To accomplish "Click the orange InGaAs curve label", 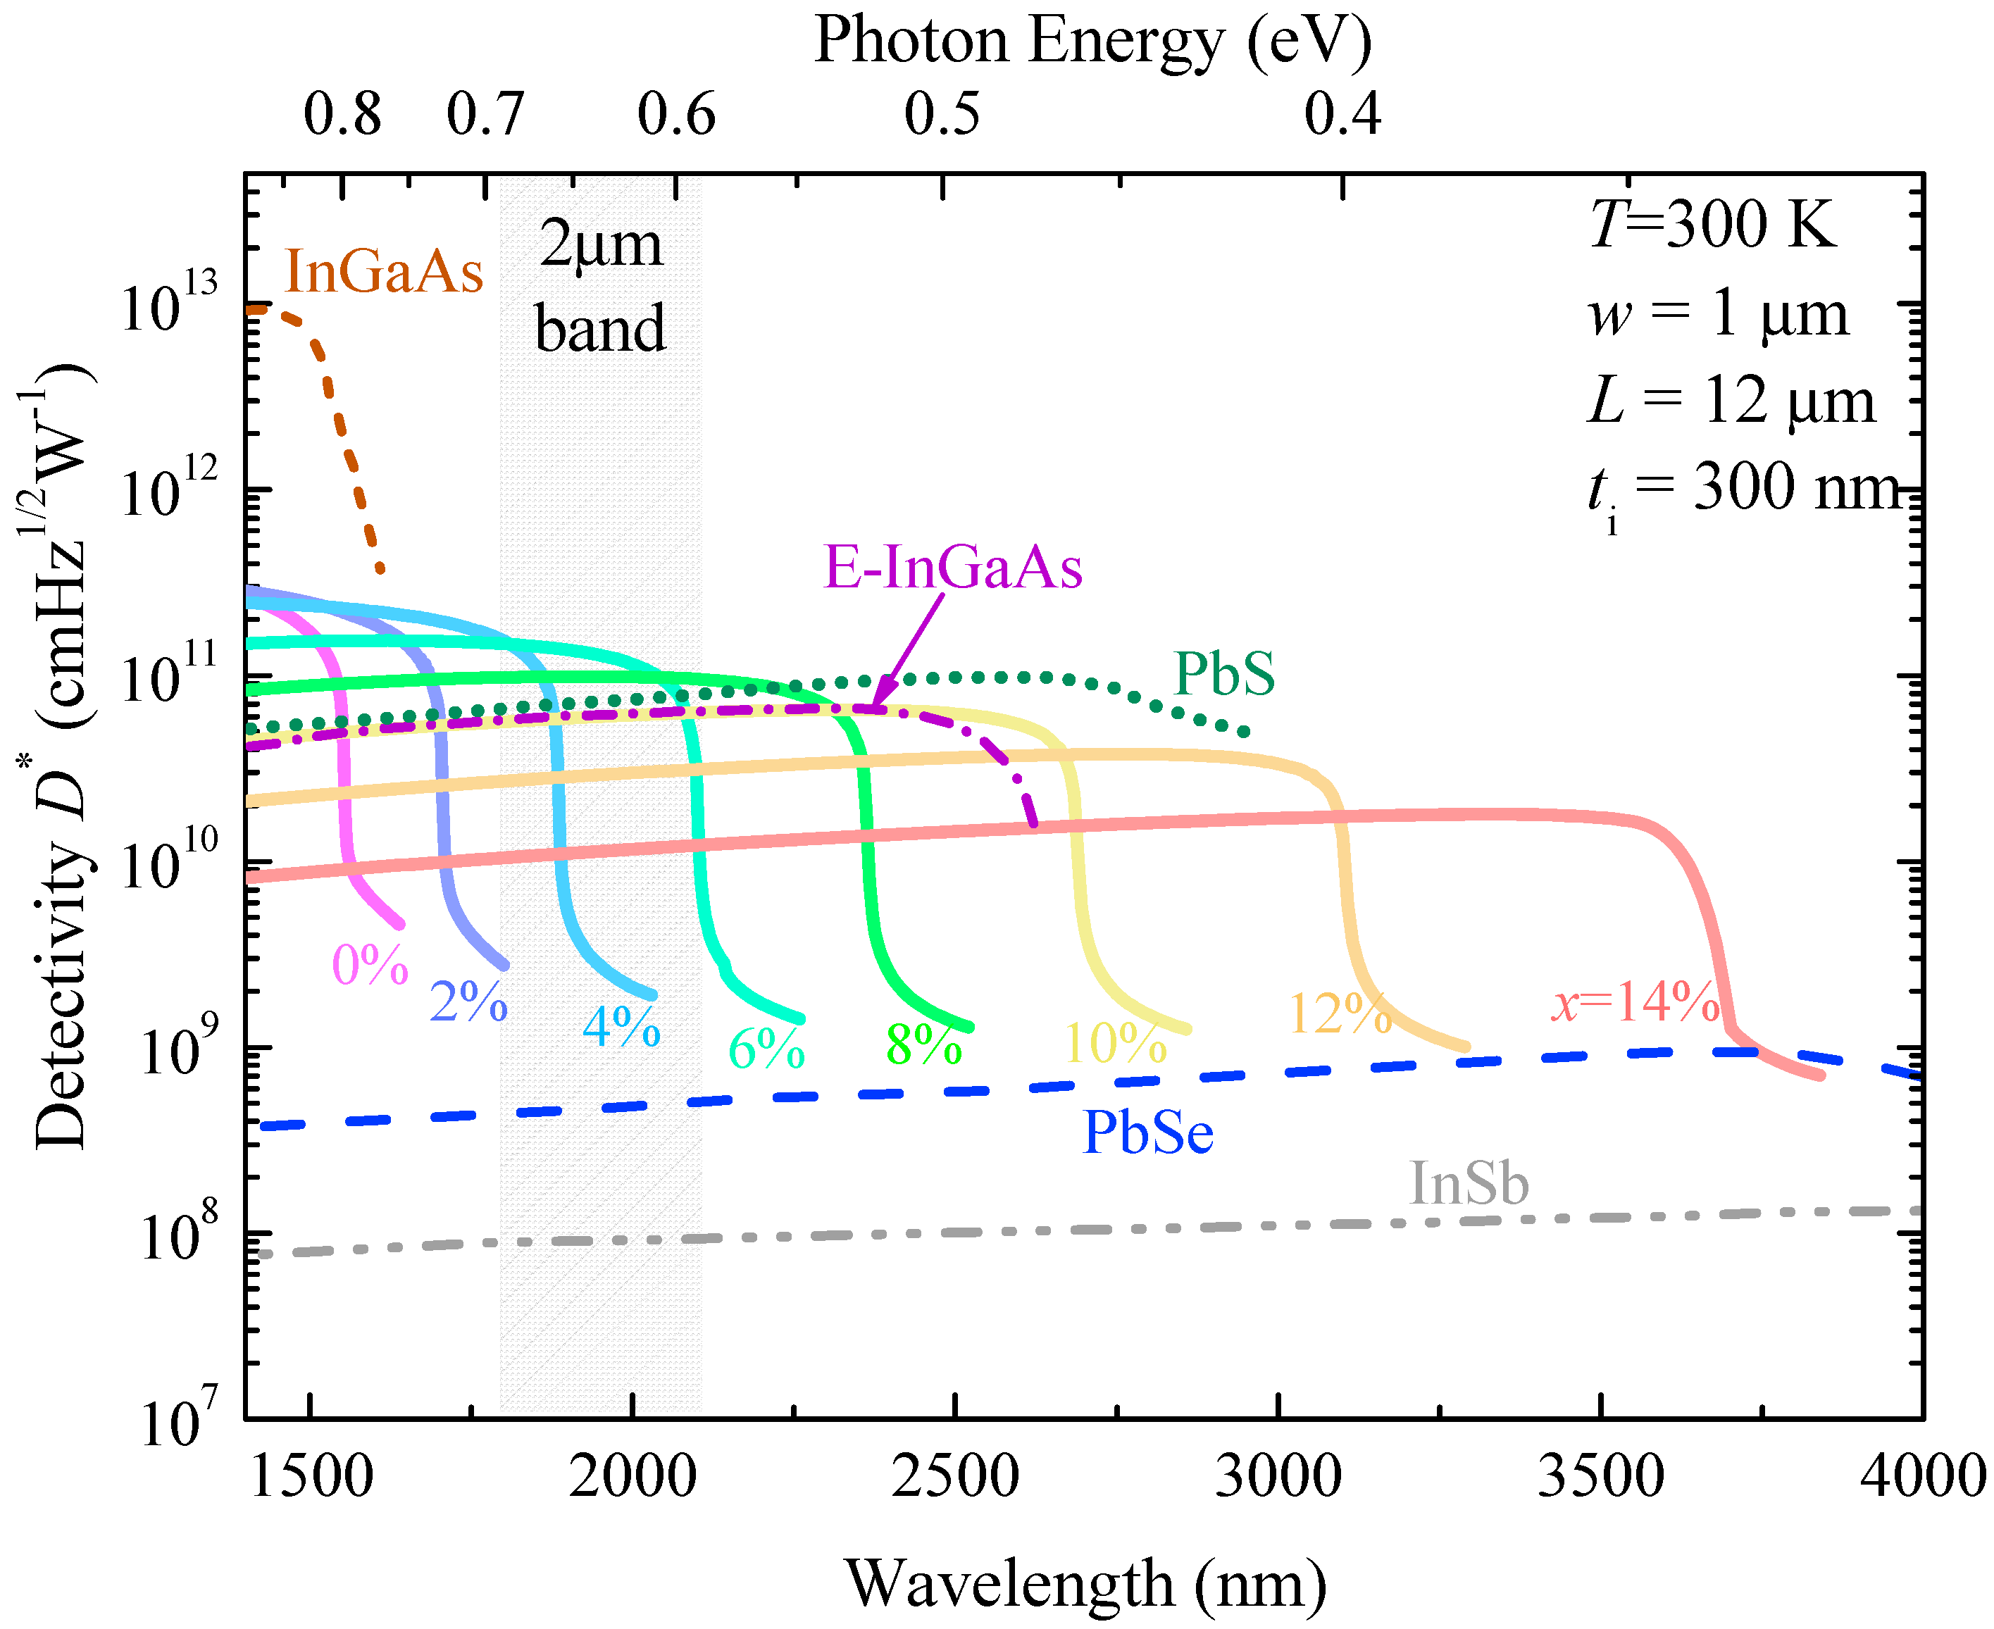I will pos(384,272).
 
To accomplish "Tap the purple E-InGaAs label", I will pos(952,568).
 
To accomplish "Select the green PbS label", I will pos(1223,674).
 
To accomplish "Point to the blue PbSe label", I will pos(1147,1132).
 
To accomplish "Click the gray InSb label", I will pos(1469,1183).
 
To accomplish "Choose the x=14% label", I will pos(1635,1002).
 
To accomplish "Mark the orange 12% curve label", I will pos(1340,1014).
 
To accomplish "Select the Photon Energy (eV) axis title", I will pos(1093,42).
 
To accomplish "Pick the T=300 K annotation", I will pos(1712,225).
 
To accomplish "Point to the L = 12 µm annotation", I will pos(1731,401).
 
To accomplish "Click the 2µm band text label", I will pos(601,286).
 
